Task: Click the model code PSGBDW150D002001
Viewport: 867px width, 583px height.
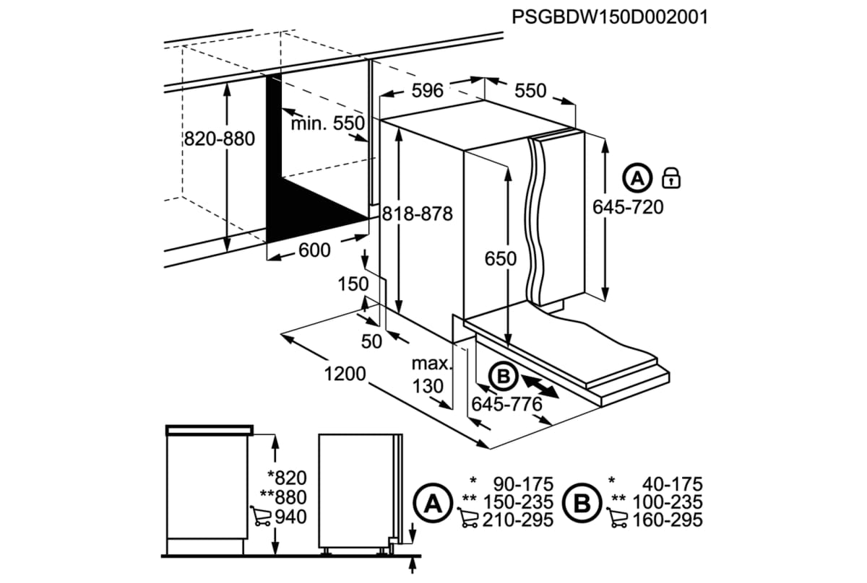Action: (609, 17)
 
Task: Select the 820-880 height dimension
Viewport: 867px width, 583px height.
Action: (218, 139)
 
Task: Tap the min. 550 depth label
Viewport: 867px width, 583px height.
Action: (328, 123)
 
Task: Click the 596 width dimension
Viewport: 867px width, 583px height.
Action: (427, 91)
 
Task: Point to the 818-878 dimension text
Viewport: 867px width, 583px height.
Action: (417, 214)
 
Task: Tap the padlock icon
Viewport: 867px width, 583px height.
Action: (672, 177)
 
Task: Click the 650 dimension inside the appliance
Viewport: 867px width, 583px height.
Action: (501, 258)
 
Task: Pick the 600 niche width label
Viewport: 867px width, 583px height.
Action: (314, 250)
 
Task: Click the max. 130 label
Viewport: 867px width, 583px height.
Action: (431, 374)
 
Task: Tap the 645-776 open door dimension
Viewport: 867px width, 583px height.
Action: (506, 405)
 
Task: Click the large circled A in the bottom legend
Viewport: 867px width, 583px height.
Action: (432, 501)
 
